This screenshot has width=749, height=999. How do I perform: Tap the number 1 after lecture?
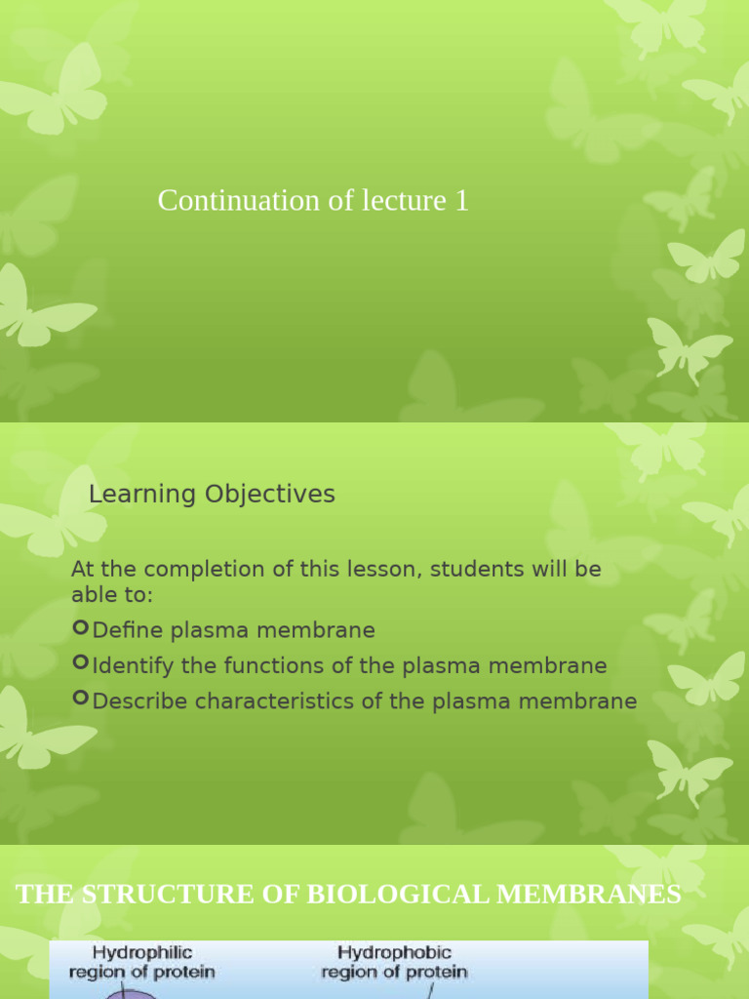pos(461,201)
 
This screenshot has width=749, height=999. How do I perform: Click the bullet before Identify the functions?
pos(81,664)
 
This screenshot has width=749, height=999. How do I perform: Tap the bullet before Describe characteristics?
pos(81,699)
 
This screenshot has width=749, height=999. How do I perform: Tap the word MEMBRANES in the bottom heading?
pos(589,895)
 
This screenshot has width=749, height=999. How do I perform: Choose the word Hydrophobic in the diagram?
pos(394,952)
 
